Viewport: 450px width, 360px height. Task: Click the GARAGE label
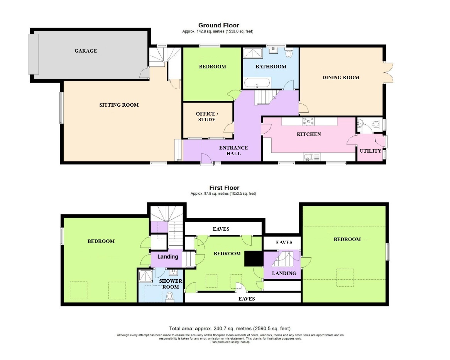86,51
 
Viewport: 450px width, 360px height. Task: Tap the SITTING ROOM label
119,105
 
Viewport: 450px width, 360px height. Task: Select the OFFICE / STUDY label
207,117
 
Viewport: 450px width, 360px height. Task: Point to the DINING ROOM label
341,77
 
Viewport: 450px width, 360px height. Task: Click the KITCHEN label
309,134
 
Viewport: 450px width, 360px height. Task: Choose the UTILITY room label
370,151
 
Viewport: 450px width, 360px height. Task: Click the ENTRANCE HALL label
233,151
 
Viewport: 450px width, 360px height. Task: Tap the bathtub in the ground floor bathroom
257,83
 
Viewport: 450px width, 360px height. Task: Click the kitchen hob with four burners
308,122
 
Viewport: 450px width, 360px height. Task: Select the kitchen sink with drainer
311,157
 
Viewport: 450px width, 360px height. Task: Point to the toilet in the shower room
170,297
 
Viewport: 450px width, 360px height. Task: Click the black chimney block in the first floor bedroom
254,258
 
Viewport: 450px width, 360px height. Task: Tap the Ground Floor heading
219,25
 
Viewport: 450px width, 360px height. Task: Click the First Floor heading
224,188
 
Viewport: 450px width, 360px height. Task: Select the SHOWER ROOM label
171,284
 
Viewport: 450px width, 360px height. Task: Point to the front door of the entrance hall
206,160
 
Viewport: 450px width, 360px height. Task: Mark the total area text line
230,328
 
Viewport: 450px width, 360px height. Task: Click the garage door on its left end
34,54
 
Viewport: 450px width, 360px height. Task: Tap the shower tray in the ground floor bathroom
252,53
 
